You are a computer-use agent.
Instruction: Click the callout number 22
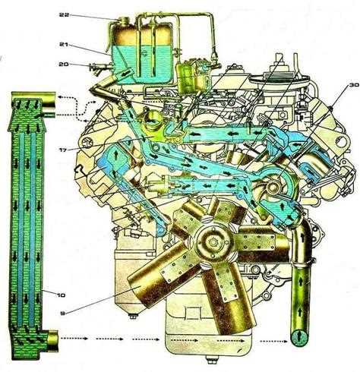click(x=64, y=14)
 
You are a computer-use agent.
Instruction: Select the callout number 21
click(x=64, y=45)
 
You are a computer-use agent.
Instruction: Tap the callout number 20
click(x=64, y=65)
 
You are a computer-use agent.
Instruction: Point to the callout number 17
click(x=63, y=150)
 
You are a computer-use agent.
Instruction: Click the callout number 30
click(x=354, y=85)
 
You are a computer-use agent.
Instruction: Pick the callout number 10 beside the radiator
click(x=61, y=295)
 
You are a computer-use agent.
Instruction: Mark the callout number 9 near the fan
click(x=62, y=313)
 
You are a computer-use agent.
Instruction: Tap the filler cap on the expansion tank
click(x=124, y=20)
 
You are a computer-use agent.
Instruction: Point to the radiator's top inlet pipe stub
click(x=47, y=99)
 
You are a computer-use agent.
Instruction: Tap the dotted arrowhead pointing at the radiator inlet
click(x=59, y=97)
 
